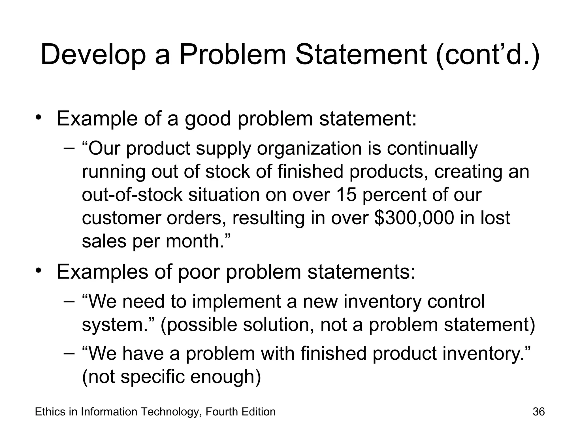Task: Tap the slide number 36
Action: tap(539, 412)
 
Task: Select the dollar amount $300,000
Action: tap(414, 218)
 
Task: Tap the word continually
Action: tap(432, 148)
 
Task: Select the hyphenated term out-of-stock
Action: tap(132, 195)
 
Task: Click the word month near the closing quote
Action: tap(192, 241)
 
